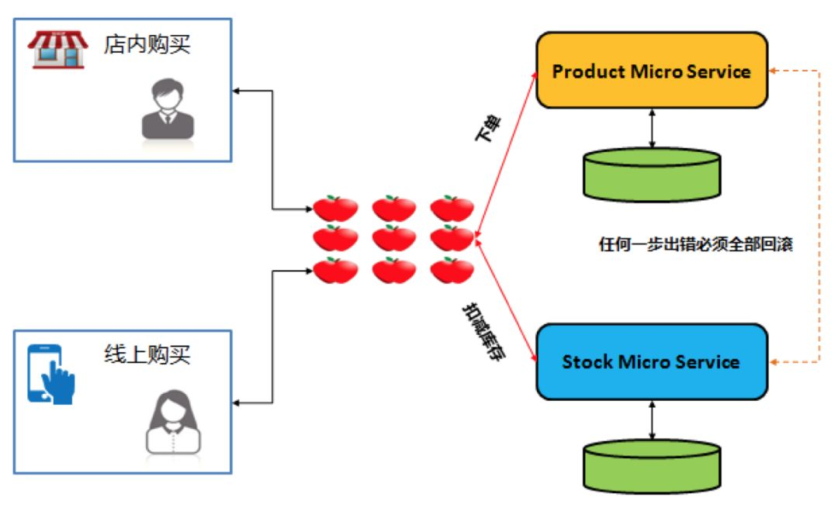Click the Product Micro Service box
[x=652, y=71]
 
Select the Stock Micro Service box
[x=652, y=362]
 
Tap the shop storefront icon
[x=57, y=50]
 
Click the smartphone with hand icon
[x=51, y=374]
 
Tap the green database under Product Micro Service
[x=652, y=172]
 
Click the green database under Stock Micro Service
[x=652, y=464]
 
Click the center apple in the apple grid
[x=394, y=238]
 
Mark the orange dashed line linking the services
[x=819, y=217]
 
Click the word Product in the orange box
[x=583, y=71]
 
